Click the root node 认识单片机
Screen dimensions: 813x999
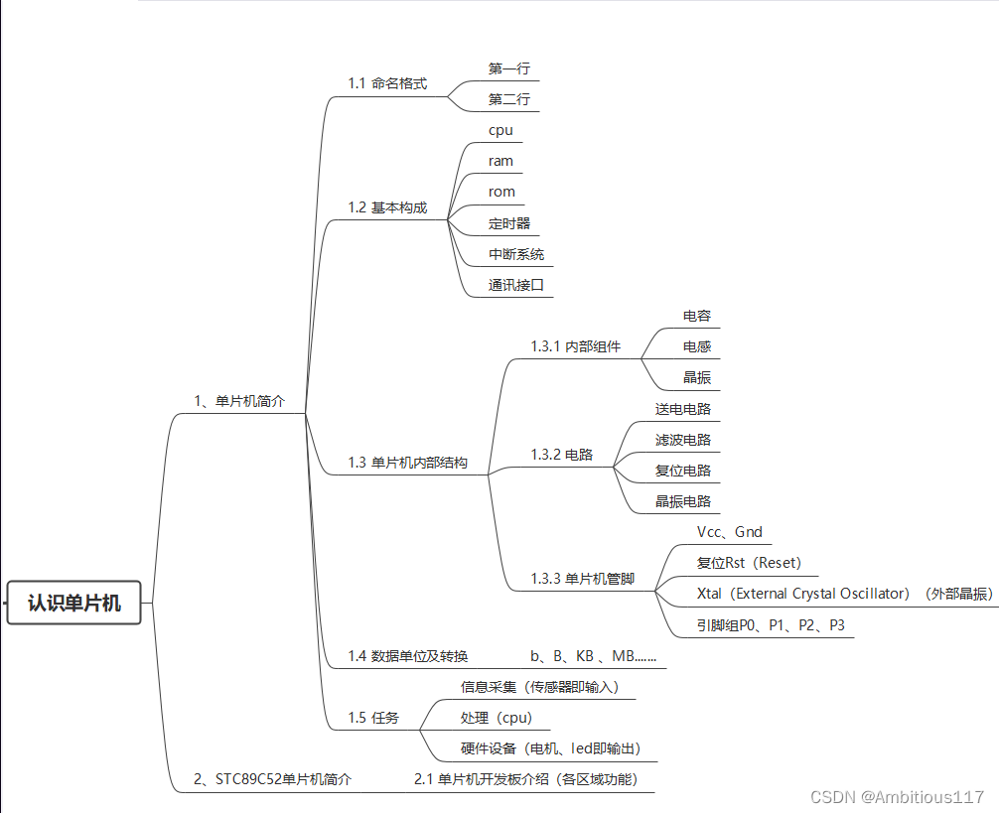tap(74, 602)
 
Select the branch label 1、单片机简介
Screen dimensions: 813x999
tap(239, 401)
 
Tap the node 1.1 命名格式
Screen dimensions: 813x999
tap(387, 83)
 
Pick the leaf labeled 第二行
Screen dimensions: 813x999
tap(508, 99)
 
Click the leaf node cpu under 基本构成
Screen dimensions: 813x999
tap(500, 130)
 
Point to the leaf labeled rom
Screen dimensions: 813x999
tap(501, 192)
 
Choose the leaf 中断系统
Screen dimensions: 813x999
tap(516, 254)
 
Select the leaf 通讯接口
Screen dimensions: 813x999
tap(516, 285)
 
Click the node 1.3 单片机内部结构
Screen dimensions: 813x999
tap(407, 463)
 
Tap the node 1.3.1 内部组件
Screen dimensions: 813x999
tap(576, 346)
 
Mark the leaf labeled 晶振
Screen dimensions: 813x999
tap(696, 377)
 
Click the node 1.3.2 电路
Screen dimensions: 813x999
tap(562, 455)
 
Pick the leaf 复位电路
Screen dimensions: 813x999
tap(682, 470)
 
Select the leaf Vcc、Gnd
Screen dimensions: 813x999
tap(730, 532)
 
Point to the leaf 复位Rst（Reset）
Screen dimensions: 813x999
tap(749, 563)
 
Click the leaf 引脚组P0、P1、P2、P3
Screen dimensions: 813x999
tap(771, 625)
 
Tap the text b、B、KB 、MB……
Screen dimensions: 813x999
tap(593, 656)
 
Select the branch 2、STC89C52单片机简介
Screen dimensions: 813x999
tap(272, 779)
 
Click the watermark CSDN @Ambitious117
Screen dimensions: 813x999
tap(897, 797)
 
